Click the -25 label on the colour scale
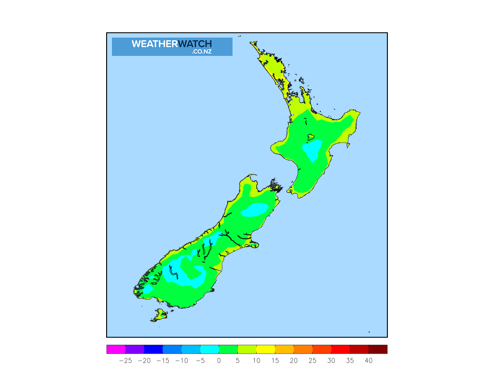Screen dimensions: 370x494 point(125,360)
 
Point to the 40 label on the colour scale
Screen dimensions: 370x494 point(369,360)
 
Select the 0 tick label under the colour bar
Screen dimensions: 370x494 point(219,360)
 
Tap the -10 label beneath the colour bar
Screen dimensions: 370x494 point(181,360)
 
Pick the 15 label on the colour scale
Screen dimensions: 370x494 point(275,360)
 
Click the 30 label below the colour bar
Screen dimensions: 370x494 point(331,360)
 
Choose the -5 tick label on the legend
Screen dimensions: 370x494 point(200,360)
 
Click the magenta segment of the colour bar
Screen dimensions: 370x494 point(116,349)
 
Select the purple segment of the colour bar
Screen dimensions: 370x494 point(135,349)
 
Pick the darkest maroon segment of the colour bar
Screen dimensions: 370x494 point(378,349)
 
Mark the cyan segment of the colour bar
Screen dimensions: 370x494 point(209,349)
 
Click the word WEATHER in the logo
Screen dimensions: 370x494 point(154,44)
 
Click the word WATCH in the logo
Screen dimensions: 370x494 point(195,44)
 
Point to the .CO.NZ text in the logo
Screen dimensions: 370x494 point(202,52)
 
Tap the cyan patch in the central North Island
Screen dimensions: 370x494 point(312,150)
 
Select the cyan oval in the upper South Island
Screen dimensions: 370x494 point(254,210)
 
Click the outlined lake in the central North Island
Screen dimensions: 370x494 point(311,136)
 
